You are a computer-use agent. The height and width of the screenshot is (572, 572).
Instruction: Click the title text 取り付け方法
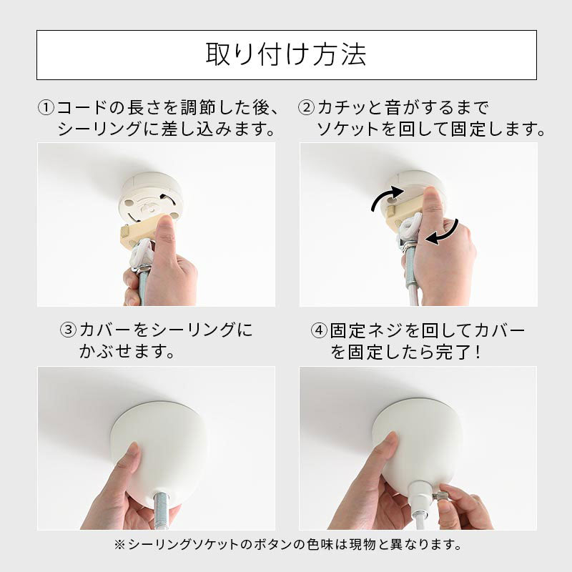(286, 55)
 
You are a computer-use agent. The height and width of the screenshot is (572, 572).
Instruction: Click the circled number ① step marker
(46, 108)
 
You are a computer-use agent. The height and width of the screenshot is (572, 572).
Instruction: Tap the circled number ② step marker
(306, 108)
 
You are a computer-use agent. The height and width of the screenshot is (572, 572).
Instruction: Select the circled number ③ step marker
(68, 330)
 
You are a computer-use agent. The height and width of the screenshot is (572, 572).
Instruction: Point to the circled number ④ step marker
(319, 330)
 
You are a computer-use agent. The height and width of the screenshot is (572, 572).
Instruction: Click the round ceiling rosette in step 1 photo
(150, 197)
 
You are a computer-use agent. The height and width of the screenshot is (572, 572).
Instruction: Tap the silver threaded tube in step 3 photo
(162, 509)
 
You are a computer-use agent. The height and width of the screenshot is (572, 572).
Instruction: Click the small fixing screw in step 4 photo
(436, 496)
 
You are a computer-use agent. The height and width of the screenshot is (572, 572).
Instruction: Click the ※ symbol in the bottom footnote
(120, 545)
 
